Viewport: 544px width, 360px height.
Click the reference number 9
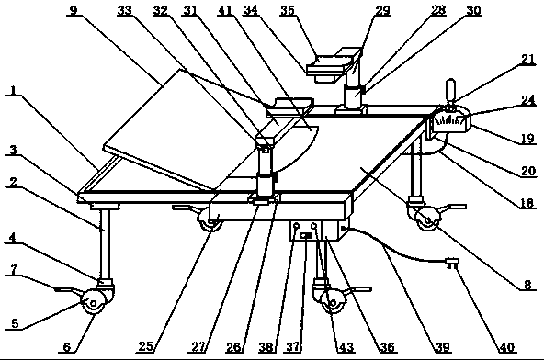tap(74, 10)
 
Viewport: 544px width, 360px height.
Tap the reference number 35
tap(288, 10)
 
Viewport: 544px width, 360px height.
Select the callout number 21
tap(528, 59)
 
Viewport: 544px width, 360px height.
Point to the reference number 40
tap(507, 346)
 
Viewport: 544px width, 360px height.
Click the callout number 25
tap(146, 346)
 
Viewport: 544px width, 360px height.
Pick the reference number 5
tap(15, 323)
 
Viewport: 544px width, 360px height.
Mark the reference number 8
tap(527, 285)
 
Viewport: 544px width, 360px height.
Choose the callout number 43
tap(346, 347)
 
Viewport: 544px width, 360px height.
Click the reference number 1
tap(13, 91)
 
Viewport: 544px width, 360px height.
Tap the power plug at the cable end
tap(451, 263)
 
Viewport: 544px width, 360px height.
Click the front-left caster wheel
tap(93, 302)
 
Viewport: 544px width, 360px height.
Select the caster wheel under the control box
tap(332, 303)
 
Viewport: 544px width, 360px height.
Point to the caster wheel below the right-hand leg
tap(427, 219)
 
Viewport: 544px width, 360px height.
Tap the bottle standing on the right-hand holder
tap(450, 91)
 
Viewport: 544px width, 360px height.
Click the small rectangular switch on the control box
tap(306, 236)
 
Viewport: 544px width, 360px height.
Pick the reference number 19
tap(527, 138)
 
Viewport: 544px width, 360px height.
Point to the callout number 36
tap(387, 347)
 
